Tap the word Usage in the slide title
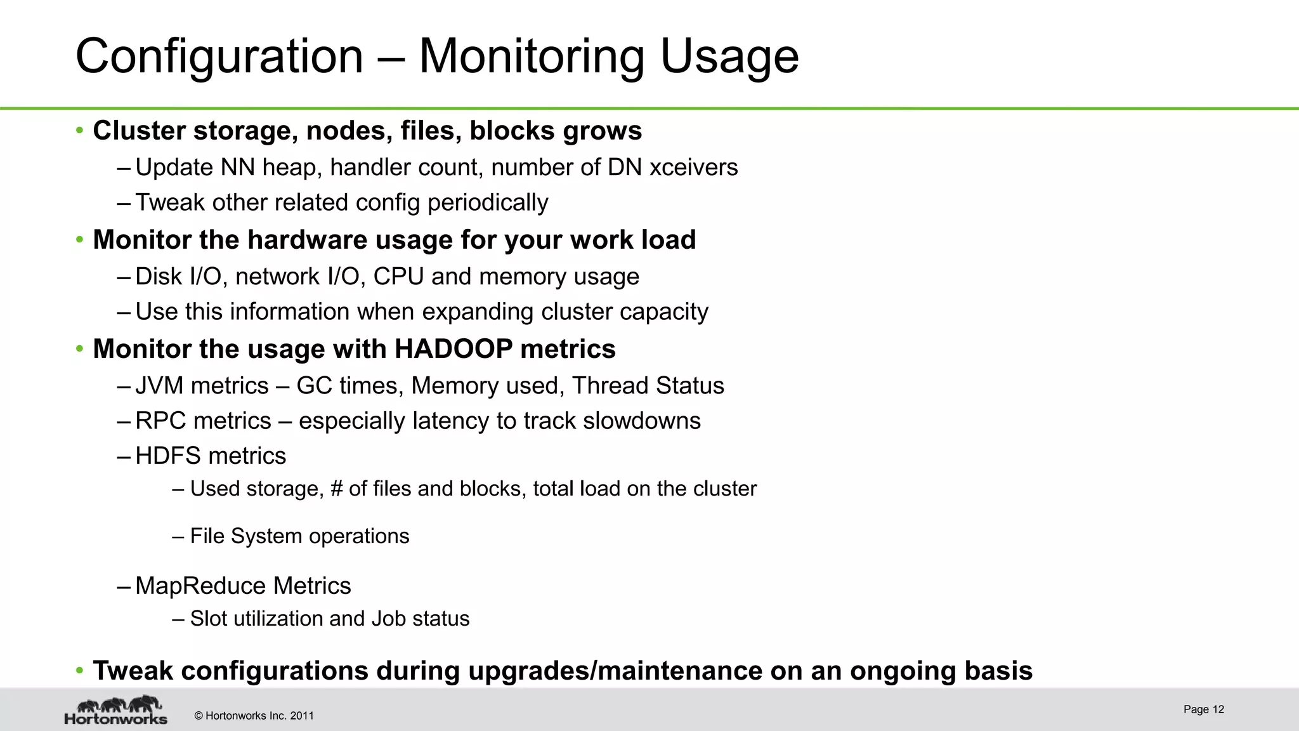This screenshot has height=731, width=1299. tap(729, 57)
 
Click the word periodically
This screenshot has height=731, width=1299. tap(487, 202)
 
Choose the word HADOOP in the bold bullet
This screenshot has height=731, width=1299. tap(454, 349)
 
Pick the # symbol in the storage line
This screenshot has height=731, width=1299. tap(337, 489)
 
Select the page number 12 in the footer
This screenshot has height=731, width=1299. tap(1218, 709)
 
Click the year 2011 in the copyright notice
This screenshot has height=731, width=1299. tap(302, 716)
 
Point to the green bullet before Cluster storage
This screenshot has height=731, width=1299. tap(79, 131)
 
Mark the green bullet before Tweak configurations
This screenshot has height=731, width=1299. tap(79, 671)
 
